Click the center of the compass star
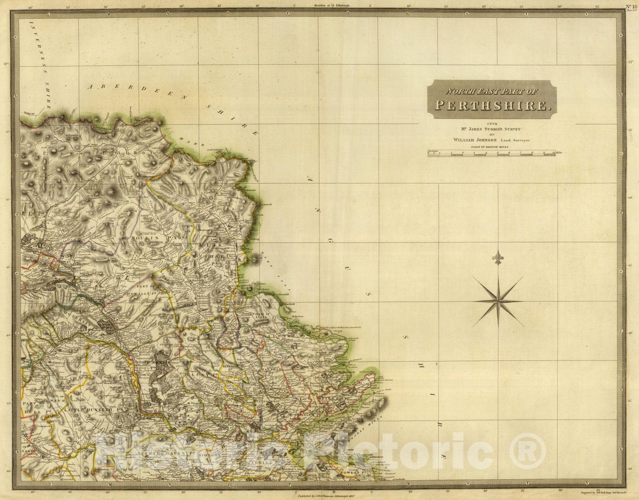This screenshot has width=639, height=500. (498, 301)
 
